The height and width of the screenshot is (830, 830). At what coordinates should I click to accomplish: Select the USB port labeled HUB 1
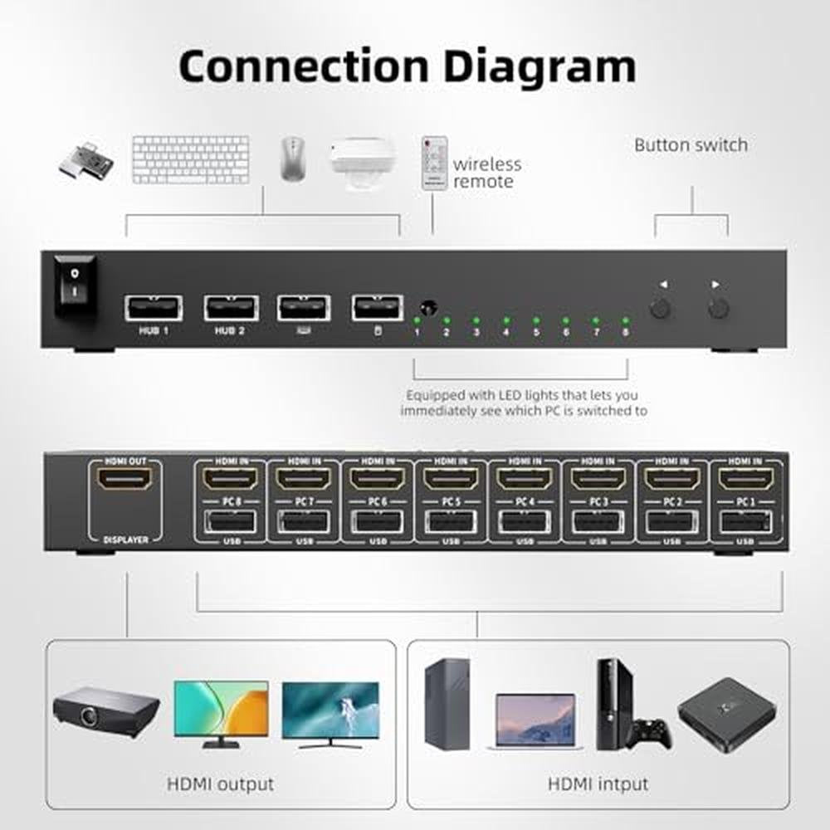pos(154,307)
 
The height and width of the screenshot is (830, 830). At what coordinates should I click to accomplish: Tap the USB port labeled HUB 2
pos(231,307)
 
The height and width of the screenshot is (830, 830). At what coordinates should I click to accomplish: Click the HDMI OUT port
pos(124,479)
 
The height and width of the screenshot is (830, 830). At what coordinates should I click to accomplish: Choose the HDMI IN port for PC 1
pos(745,479)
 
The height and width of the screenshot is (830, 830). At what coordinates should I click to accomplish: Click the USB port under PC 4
pos(524,520)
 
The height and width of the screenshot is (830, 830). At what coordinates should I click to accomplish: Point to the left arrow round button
pos(661,310)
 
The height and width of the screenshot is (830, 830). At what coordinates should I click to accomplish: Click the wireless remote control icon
pos(434,164)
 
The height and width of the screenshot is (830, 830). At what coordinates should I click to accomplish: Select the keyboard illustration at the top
pos(191,159)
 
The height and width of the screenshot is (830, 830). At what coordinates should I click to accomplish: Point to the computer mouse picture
pos(293,159)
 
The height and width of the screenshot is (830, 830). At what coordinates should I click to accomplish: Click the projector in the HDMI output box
pos(105,710)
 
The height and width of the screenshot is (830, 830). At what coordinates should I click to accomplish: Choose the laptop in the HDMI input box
pos(535,720)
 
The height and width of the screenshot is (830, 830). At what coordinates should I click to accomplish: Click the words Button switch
pos(691,145)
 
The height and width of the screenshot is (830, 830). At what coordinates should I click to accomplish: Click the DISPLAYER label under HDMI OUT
pos(126,539)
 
